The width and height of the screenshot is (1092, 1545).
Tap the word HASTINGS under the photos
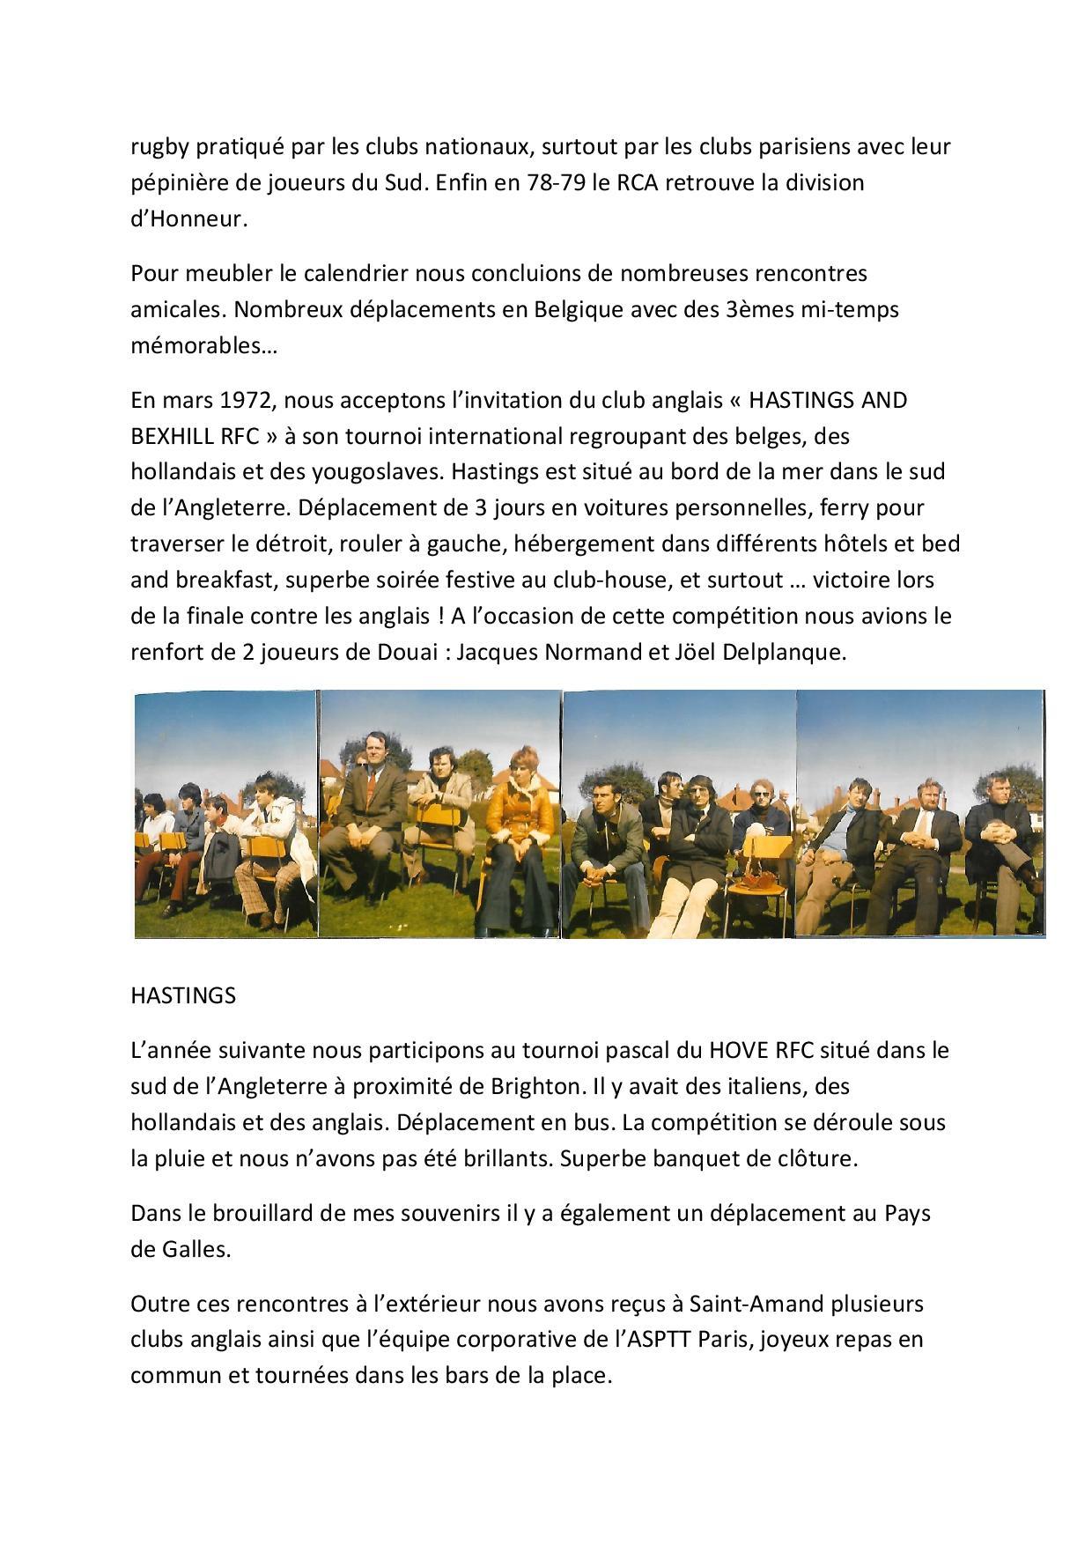coord(183,995)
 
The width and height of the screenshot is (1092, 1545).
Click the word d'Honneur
coord(189,219)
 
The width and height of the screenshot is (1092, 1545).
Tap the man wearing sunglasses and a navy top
coord(761,815)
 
